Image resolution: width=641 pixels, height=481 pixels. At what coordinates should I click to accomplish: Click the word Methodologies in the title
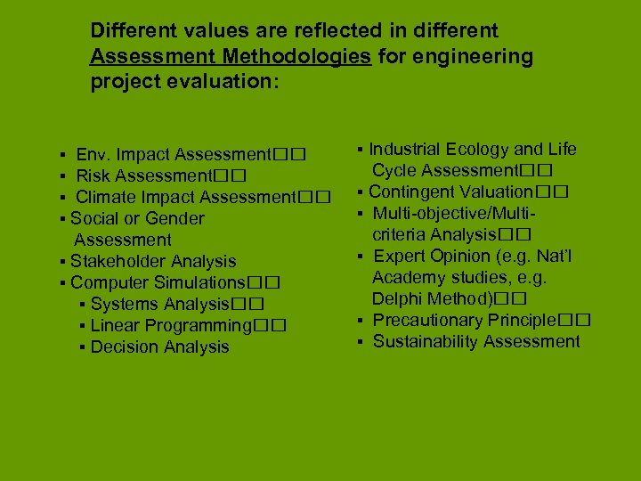[298, 58]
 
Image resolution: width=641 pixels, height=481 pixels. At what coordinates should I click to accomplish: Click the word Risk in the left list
[93, 175]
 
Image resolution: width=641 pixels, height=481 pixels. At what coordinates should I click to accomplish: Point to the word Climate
[106, 197]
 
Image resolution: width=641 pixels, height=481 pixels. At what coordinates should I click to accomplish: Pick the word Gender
[174, 218]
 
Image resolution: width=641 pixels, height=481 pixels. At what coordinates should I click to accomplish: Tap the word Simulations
[197, 282]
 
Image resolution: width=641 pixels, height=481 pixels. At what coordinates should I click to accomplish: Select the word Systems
[124, 304]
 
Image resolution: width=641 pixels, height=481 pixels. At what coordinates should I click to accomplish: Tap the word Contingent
[410, 192]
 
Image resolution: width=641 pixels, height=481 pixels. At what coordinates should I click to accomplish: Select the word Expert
[401, 256]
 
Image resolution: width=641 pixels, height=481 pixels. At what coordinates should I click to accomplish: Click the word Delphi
[398, 298]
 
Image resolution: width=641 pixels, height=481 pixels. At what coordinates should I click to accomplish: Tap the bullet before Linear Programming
[82, 326]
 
